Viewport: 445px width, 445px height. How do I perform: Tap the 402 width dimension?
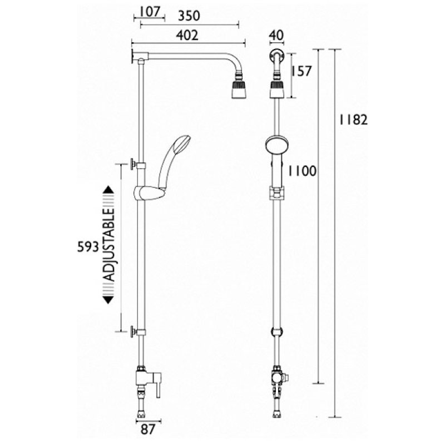tap(188, 36)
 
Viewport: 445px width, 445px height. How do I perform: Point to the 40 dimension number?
tap(276, 36)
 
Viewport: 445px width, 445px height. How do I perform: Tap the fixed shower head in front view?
tap(276, 89)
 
